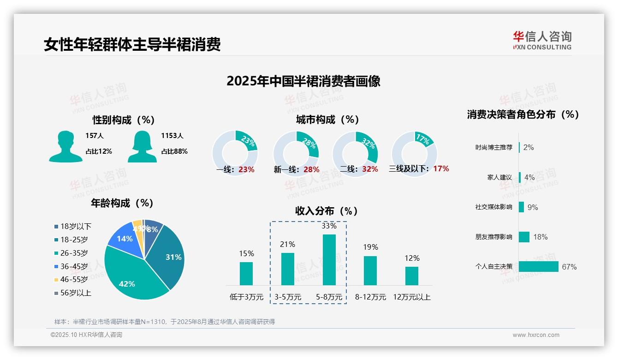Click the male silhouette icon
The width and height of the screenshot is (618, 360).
click(x=65, y=146)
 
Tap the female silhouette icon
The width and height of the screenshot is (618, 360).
click(x=142, y=146)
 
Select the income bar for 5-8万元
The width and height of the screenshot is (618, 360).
click(x=329, y=259)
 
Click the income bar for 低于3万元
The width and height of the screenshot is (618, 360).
click(x=246, y=273)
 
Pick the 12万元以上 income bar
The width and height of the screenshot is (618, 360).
click(x=412, y=276)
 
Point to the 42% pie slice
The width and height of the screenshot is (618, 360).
click(x=129, y=277)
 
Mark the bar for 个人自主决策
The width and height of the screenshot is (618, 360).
click(x=538, y=266)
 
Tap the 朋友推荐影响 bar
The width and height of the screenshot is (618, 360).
click(x=524, y=237)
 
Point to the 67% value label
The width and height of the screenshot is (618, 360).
click(x=569, y=267)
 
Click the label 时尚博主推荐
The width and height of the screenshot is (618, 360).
click(x=493, y=148)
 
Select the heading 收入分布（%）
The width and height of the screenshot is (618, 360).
click(x=327, y=211)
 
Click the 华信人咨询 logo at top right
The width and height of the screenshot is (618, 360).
click(x=542, y=40)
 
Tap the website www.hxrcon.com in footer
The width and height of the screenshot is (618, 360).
click(x=536, y=335)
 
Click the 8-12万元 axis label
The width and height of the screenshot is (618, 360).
click(x=370, y=297)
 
